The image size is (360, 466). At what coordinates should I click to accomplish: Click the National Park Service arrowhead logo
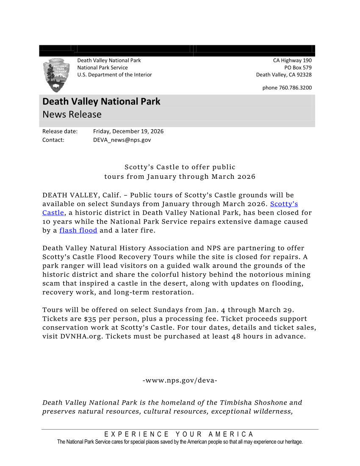point(56,75)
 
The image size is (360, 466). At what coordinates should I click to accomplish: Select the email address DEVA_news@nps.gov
point(122,140)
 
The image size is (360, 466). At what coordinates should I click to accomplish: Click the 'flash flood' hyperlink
point(78,230)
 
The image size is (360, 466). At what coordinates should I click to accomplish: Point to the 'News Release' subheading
point(72,114)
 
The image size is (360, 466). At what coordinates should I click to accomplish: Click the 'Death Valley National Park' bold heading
point(101,102)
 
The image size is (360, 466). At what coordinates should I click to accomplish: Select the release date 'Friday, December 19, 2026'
point(128,131)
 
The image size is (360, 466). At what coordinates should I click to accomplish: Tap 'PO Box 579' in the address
point(298,68)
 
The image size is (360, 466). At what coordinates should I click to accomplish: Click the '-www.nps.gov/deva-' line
point(180,380)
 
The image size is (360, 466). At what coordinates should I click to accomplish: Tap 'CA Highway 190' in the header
point(292,61)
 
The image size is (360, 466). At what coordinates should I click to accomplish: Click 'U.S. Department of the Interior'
point(114,75)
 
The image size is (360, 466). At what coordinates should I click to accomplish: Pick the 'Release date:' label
point(60,131)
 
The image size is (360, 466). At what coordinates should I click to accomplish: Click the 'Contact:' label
point(53,140)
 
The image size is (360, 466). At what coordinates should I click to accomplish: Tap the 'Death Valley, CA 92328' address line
point(284,75)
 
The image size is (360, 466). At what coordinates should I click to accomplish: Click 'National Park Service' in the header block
point(102,68)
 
